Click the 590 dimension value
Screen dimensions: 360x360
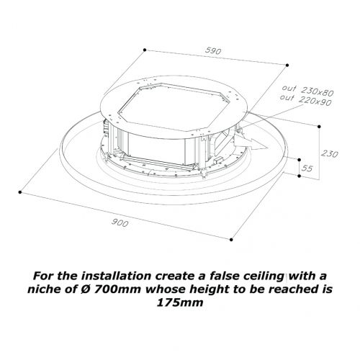[213, 51]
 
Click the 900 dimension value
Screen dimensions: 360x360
[120, 223]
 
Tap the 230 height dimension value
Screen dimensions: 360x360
[330, 153]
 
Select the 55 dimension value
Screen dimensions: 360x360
[307, 168]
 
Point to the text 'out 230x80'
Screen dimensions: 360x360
[308, 90]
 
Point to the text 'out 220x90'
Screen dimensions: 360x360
[306, 100]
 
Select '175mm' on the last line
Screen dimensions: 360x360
[180, 302]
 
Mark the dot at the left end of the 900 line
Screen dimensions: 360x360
[20, 192]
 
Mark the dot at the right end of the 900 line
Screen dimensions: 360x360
[231, 240]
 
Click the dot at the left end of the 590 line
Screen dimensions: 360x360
[145, 50]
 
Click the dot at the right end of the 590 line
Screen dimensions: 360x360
[287, 65]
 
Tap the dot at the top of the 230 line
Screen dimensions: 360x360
[319, 127]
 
